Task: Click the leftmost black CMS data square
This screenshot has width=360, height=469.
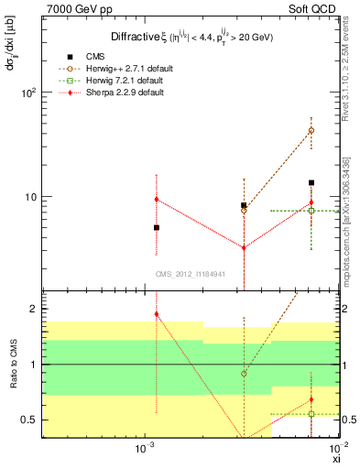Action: pyautogui.click(x=157, y=227)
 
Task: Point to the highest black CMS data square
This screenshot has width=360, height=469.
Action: pyautogui.click(x=311, y=182)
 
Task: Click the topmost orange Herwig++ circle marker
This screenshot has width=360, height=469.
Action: pyautogui.click(x=311, y=131)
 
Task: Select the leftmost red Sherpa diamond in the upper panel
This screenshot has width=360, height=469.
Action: pyautogui.click(x=157, y=200)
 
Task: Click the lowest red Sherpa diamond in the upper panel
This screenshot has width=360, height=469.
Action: pyautogui.click(x=244, y=247)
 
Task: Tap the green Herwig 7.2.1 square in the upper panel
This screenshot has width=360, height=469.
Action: pyautogui.click(x=311, y=211)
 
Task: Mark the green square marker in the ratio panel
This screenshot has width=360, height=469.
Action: pyautogui.click(x=311, y=414)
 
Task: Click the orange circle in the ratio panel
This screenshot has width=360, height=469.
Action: pyautogui.click(x=244, y=374)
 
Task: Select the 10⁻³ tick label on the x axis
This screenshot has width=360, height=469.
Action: pyautogui.click(x=143, y=449)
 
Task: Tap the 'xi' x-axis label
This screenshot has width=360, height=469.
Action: pyautogui.click(x=336, y=459)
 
